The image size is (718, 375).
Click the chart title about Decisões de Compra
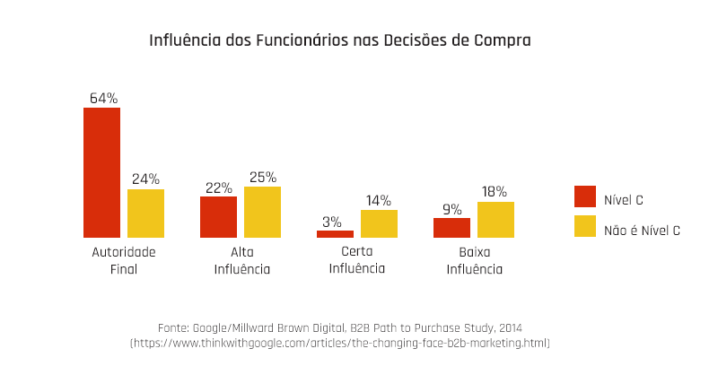(339, 41)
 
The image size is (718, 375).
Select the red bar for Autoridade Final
(101, 172)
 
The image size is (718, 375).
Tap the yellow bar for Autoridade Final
(145, 214)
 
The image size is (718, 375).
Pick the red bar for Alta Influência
(218, 217)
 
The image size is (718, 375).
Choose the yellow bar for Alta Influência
(262, 212)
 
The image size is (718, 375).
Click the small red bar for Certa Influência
(335, 233)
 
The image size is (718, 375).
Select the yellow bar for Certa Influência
(379, 223)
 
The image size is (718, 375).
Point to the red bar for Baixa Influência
(451, 228)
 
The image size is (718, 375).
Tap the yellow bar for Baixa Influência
(495, 220)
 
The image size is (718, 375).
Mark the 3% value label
(332, 221)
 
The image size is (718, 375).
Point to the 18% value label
(495, 192)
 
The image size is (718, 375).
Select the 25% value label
(262, 177)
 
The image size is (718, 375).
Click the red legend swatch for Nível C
(584, 196)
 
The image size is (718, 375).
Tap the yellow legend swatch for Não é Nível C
(584, 227)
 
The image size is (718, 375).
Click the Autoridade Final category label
(124, 260)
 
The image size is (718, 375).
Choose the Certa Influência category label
(356, 260)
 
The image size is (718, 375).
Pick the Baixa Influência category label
(474, 260)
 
